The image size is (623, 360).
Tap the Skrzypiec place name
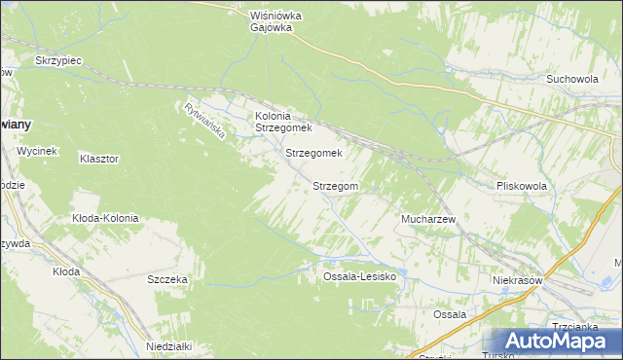[x=58, y=60]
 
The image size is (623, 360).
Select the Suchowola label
[x=571, y=80]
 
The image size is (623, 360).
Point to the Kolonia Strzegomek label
[x=282, y=122]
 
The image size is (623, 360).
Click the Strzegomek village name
[x=313, y=153]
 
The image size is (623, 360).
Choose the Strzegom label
[x=336, y=185]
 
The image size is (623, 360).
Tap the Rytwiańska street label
[x=203, y=121]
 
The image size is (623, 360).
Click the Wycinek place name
[x=39, y=151]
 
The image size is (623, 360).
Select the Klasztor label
[x=99, y=158]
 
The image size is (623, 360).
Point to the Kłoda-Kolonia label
[x=105, y=218]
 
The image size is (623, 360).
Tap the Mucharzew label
[x=428, y=220]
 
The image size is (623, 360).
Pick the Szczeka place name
[x=167, y=279]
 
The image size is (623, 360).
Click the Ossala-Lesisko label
[x=358, y=277]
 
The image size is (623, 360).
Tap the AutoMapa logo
[x=551, y=341]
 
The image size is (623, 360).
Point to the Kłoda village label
[x=66, y=271]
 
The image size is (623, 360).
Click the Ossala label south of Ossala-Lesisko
[x=450, y=314]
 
